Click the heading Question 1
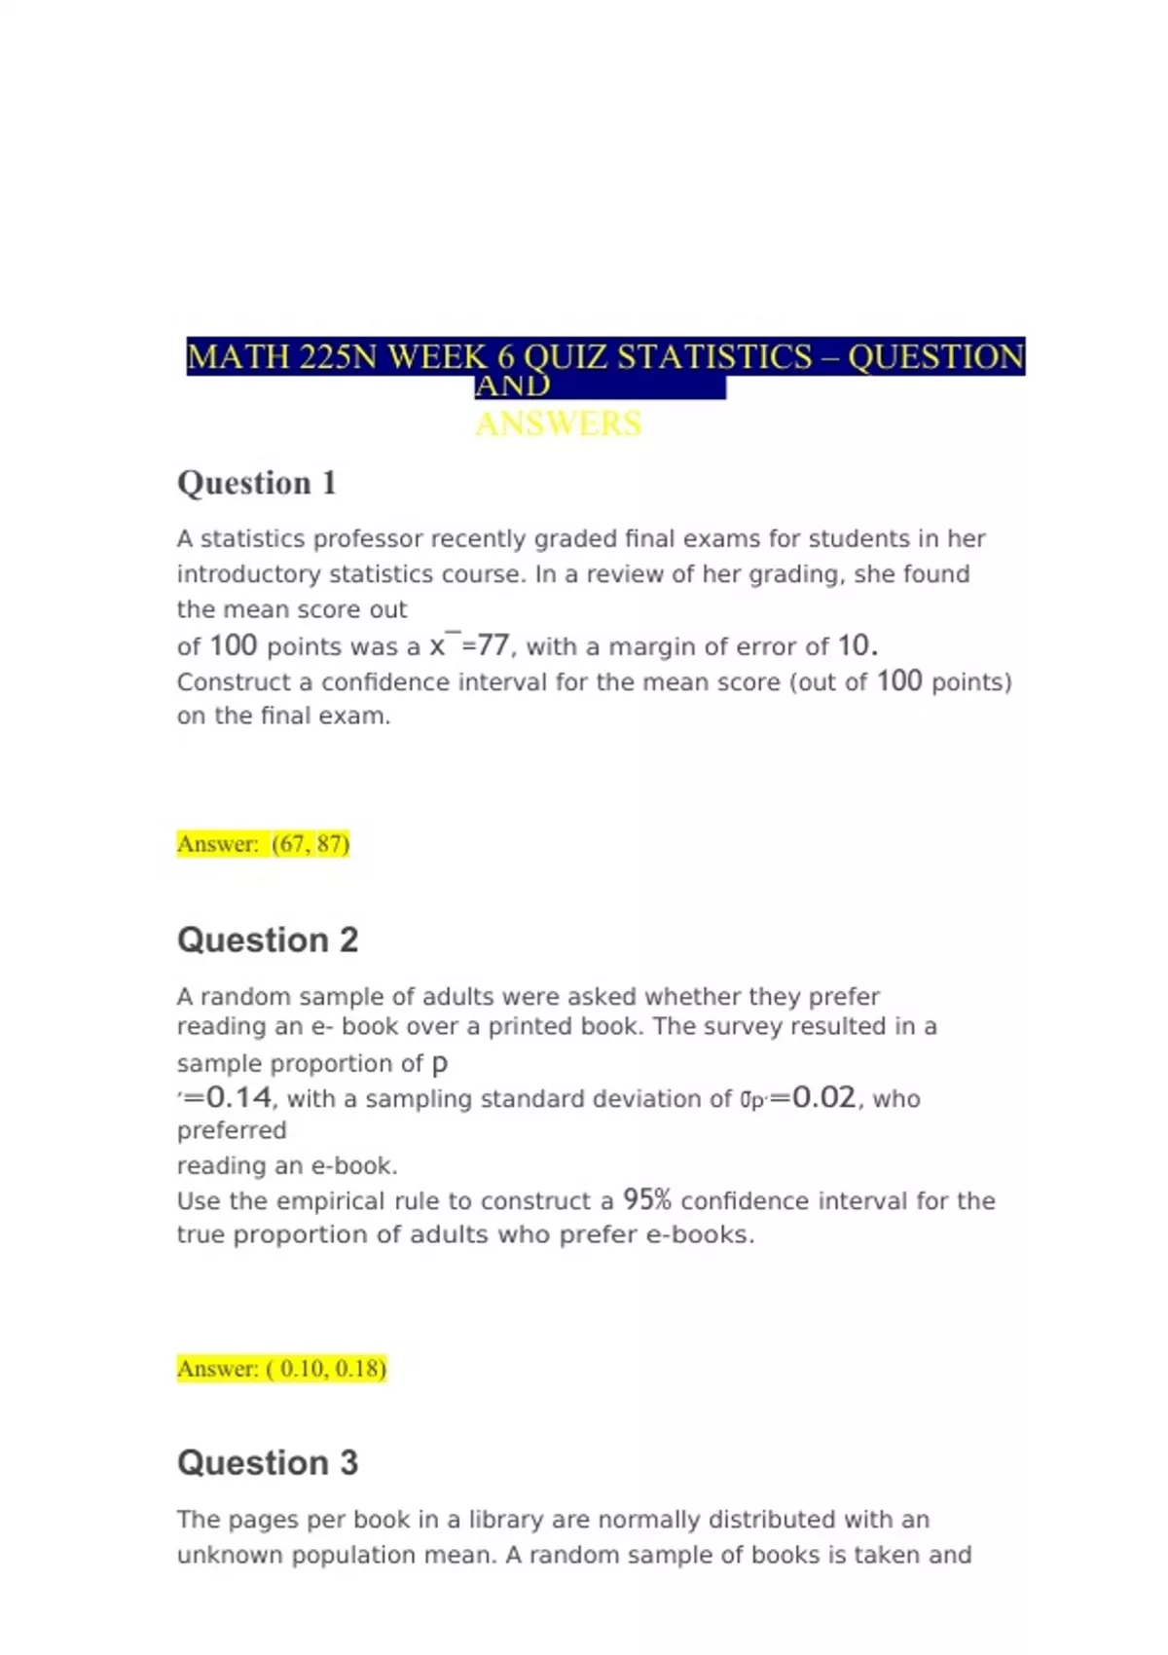click(257, 483)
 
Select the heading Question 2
click(268, 940)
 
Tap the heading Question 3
click(268, 1463)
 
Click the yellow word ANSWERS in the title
click(559, 424)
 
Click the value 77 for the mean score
click(493, 645)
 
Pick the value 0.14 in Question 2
click(239, 1098)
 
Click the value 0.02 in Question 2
click(824, 1098)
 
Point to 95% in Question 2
click(647, 1200)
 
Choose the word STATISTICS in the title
click(714, 357)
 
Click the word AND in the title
click(513, 386)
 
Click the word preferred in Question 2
click(232, 1131)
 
